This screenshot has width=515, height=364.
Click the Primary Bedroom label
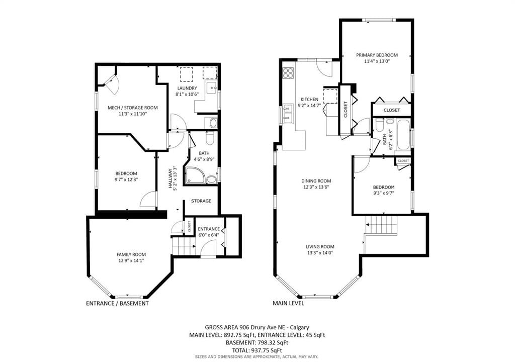pos(377,55)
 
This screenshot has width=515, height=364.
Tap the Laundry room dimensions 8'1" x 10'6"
pos(187,94)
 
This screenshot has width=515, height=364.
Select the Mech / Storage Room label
pos(133,108)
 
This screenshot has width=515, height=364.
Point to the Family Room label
pos(131,254)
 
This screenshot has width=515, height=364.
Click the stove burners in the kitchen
pos(288,72)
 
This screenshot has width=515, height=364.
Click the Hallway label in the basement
pos(171,178)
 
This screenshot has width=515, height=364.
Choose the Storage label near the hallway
pos(201,201)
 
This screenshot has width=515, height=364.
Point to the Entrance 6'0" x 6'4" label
pos(209,232)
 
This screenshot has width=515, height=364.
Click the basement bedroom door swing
pos(147,199)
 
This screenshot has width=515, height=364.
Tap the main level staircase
pos(381,225)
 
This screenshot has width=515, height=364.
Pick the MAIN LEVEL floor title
pos(288,303)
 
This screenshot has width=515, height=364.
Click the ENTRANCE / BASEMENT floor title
pos(117,304)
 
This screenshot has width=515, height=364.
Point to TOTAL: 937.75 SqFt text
pos(257,350)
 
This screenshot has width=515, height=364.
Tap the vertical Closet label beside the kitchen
pos(345,109)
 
